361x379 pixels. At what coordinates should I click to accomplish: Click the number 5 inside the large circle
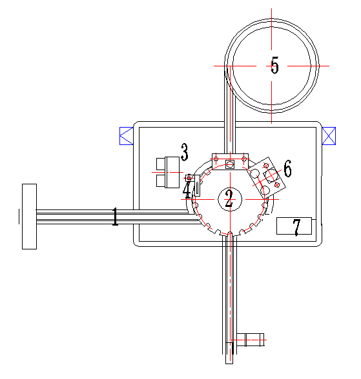(275, 65)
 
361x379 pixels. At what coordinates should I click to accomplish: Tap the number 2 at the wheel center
(229, 199)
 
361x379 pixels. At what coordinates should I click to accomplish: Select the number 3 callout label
(185, 152)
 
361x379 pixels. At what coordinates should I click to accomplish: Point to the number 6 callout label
(287, 168)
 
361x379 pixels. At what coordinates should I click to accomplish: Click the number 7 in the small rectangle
(296, 227)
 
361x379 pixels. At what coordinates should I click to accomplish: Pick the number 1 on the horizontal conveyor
(115, 217)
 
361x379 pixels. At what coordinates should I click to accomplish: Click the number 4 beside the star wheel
(187, 190)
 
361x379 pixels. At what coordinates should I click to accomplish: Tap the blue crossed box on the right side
(329, 136)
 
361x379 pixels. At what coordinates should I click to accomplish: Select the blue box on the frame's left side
(127, 136)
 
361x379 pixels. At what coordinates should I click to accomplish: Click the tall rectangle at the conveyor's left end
(29, 217)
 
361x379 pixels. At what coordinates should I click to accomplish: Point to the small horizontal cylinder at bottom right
(250, 340)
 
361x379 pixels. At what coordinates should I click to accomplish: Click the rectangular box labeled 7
(294, 226)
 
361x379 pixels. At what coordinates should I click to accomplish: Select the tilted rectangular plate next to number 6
(267, 178)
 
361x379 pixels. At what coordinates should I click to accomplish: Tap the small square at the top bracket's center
(230, 164)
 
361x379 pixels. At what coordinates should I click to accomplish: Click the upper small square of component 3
(161, 164)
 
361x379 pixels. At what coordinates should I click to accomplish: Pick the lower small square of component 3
(161, 180)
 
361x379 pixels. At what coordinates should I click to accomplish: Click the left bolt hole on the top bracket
(216, 159)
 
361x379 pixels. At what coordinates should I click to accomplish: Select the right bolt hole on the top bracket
(244, 159)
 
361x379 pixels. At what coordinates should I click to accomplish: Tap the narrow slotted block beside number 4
(198, 186)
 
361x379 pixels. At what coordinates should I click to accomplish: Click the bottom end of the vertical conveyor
(229, 364)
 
